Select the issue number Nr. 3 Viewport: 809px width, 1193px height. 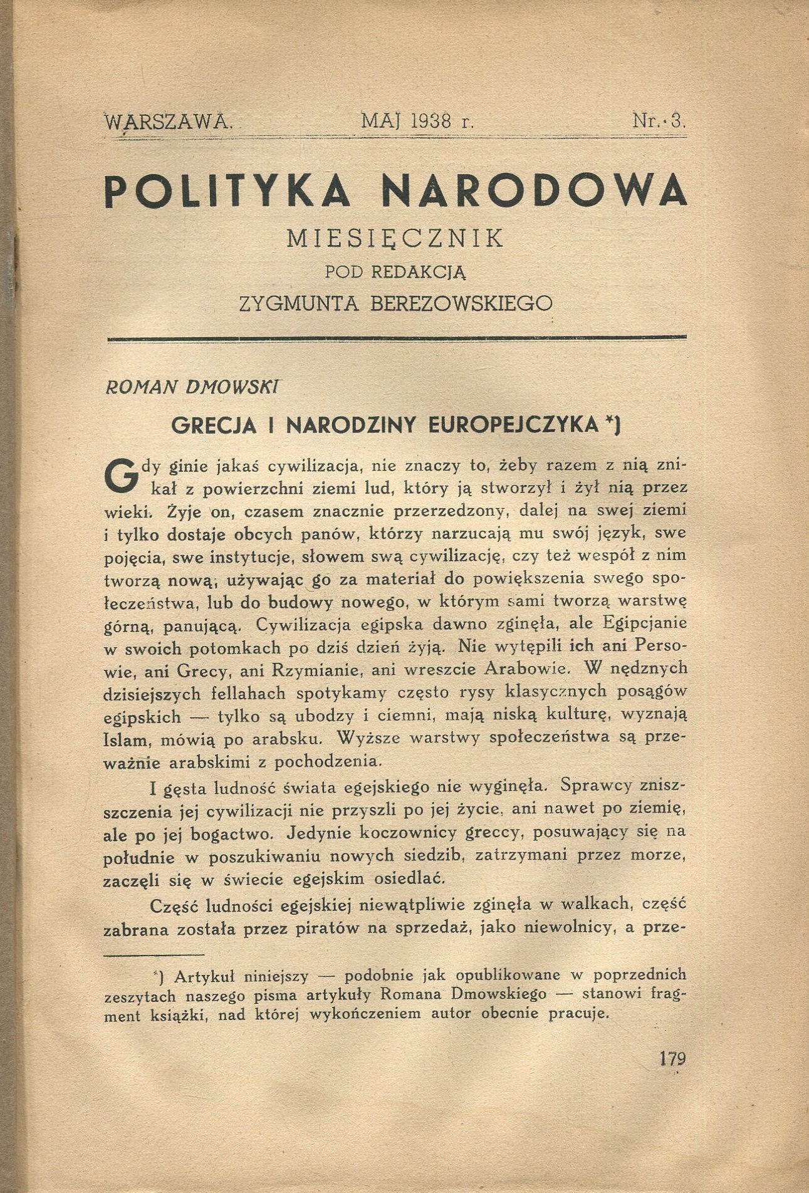[660, 120]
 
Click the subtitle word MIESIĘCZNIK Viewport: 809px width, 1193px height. [395, 239]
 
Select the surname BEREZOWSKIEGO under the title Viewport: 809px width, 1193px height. [462, 303]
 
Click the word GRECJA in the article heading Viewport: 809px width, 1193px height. [214, 425]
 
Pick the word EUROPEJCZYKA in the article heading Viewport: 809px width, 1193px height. [513, 425]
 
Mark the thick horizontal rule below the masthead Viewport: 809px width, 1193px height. [397, 339]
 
